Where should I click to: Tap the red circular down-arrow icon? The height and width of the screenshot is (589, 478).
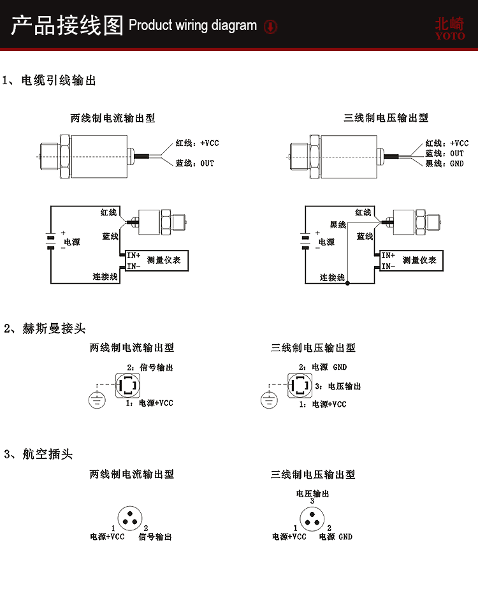[x=271, y=27]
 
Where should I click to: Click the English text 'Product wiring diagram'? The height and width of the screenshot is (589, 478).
[x=192, y=26]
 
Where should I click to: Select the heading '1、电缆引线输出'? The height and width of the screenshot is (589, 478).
[x=49, y=81]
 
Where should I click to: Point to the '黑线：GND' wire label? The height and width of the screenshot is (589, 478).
[x=444, y=163]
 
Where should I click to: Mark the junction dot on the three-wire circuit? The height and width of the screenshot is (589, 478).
[x=347, y=282]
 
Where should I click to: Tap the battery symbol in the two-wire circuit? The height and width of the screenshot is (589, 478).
[x=50, y=242]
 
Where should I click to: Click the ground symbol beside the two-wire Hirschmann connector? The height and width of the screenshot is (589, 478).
[x=96, y=400]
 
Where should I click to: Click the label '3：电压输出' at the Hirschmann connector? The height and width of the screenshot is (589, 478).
[x=339, y=386]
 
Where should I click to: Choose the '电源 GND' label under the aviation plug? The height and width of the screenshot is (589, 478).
[x=335, y=537]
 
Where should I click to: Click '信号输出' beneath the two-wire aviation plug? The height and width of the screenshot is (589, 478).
[x=155, y=537]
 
